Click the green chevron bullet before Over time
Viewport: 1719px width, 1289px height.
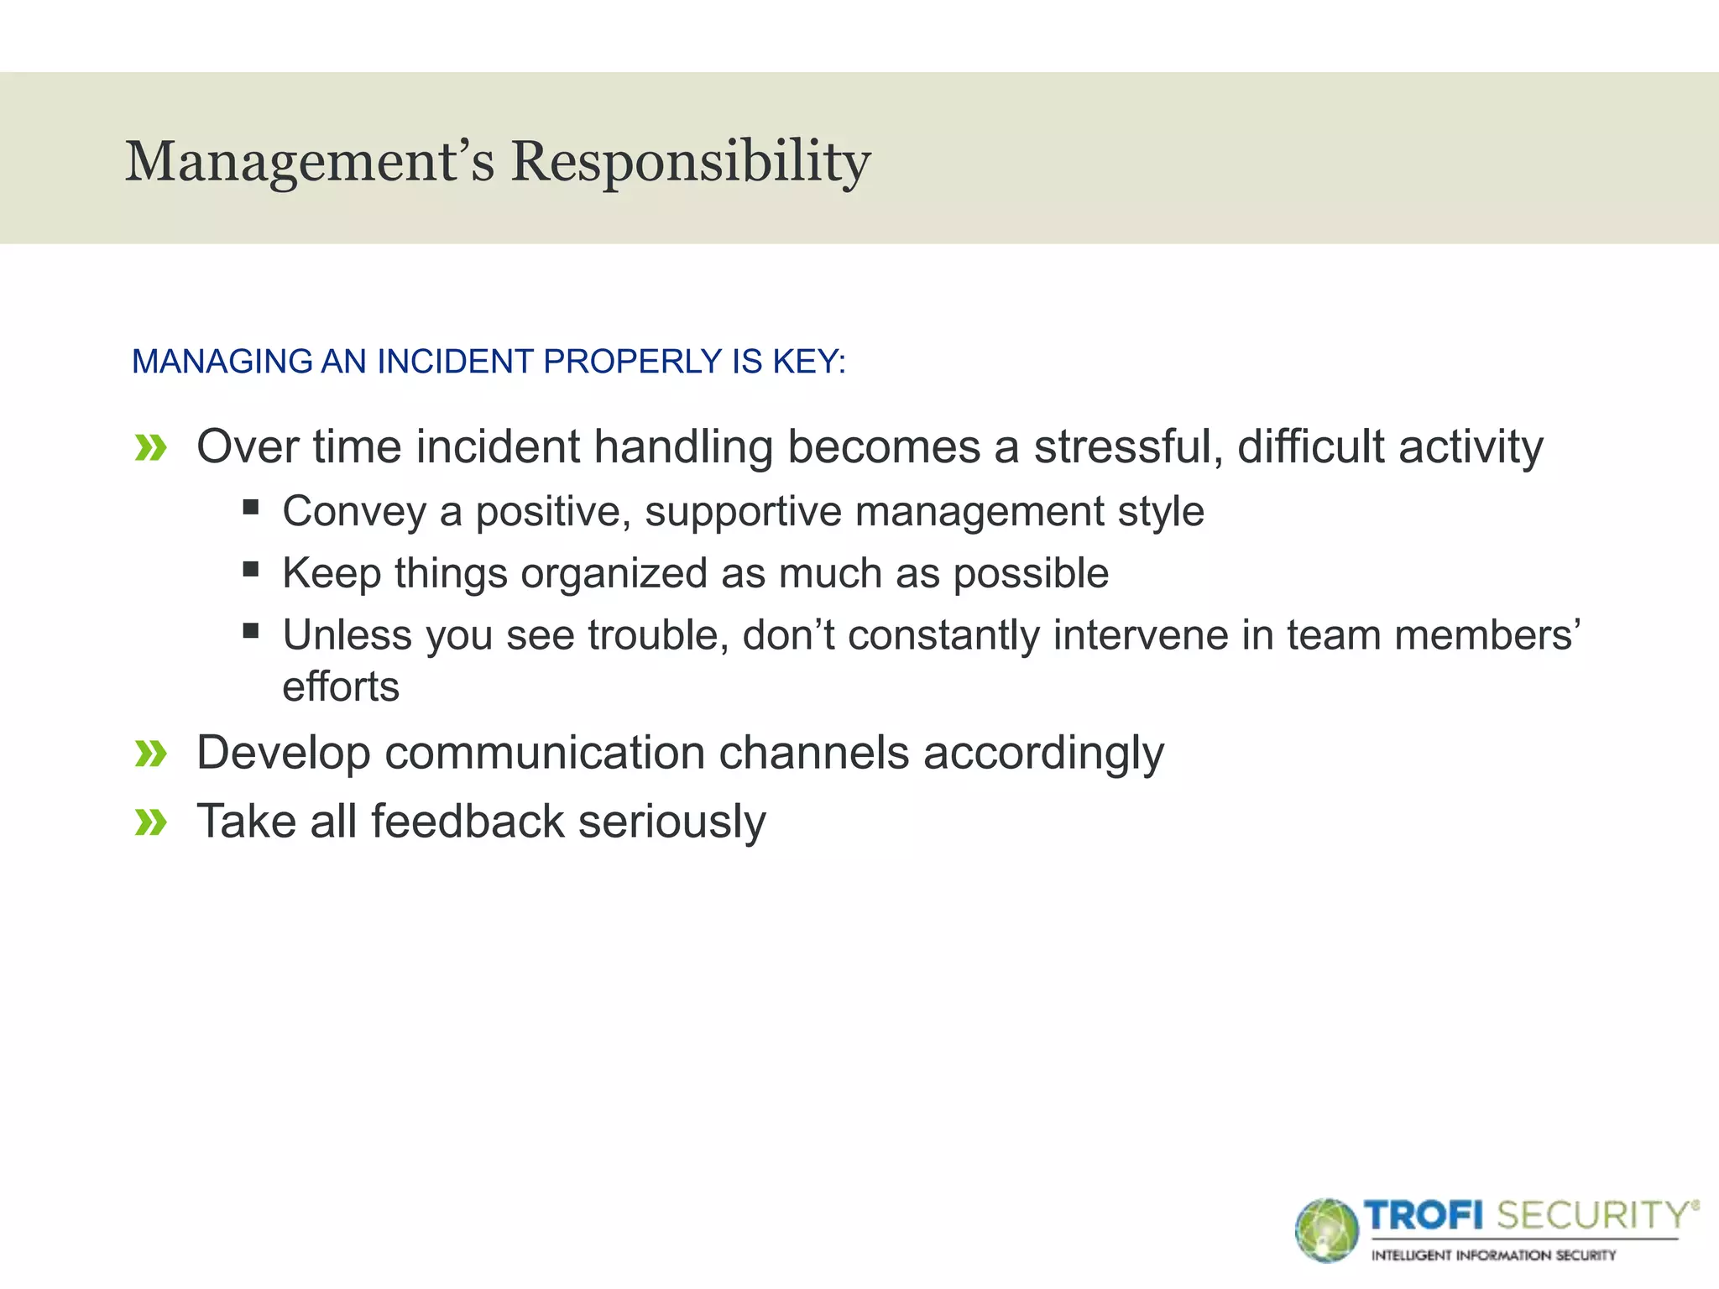[x=151, y=448]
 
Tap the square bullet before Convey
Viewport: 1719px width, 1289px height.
[x=250, y=507]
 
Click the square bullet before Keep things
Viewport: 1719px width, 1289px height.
[x=250, y=569]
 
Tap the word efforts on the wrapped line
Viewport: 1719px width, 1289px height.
[x=341, y=687]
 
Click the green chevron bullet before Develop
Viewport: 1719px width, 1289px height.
[x=151, y=754]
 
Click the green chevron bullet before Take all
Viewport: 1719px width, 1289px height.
[x=151, y=822]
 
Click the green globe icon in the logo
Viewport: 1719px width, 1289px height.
[x=1326, y=1230]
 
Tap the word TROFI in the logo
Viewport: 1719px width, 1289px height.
[x=1424, y=1216]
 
